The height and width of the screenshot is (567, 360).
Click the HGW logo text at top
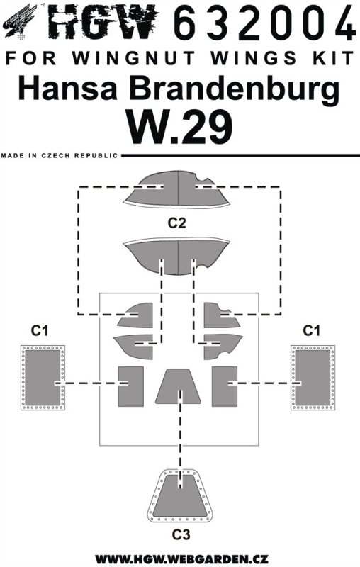pyautogui.click(x=103, y=21)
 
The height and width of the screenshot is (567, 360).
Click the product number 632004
pyautogui.click(x=265, y=22)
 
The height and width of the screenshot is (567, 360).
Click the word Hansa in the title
pyautogui.click(x=67, y=89)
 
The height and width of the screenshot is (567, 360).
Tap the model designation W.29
pyautogui.click(x=179, y=128)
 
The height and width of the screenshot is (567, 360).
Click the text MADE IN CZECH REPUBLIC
pyautogui.click(x=60, y=155)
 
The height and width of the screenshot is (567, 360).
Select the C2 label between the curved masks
pyautogui.click(x=177, y=223)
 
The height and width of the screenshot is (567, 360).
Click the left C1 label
pyautogui.click(x=40, y=330)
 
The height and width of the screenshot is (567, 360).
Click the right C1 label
pyautogui.click(x=312, y=330)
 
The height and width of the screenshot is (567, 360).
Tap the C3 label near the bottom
pyautogui.click(x=181, y=534)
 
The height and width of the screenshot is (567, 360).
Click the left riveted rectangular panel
pyautogui.click(x=43, y=378)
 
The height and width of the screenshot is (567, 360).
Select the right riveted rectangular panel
pyautogui.click(x=313, y=378)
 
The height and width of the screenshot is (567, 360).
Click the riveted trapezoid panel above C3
pyautogui.click(x=180, y=495)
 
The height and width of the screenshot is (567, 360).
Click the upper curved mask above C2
pyautogui.click(x=176, y=189)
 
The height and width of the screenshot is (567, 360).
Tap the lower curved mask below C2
pyautogui.click(x=176, y=257)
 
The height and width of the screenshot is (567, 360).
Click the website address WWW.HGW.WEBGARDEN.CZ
pyautogui.click(x=181, y=558)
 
